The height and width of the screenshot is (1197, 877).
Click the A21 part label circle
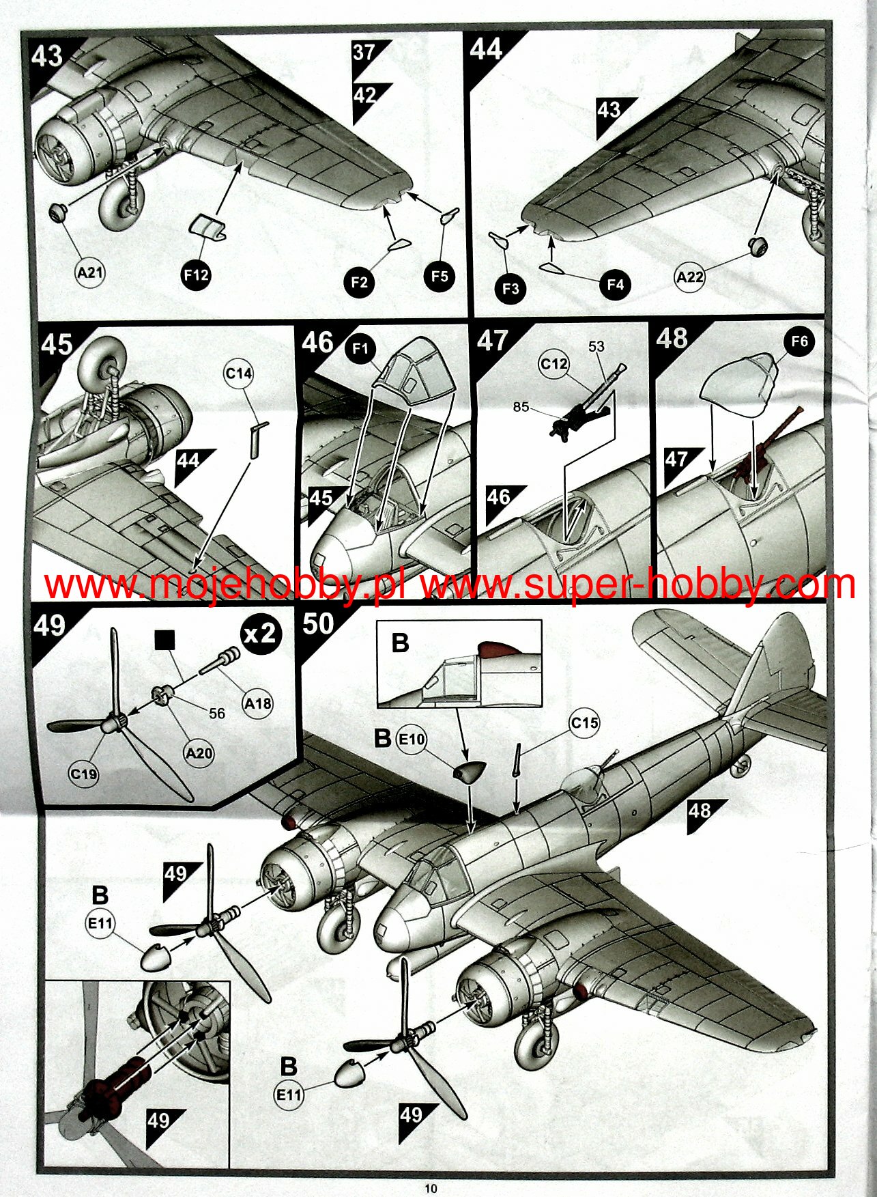pos(89,273)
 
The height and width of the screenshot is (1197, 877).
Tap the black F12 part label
pos(196,274)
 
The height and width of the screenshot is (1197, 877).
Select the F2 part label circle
pos(360,281)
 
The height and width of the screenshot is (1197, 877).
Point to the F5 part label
pos(440,276)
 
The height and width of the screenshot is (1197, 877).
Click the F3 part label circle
pos(511,288)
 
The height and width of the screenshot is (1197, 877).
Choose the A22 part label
pos(690,277)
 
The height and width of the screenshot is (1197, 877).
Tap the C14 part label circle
pos(239,374)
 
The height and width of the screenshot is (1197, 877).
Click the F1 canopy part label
pos(360,349)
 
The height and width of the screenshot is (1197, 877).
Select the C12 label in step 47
pos(553,364)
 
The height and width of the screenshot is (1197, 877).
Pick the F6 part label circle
pos(799,341)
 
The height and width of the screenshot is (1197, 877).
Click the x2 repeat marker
pos(261,634)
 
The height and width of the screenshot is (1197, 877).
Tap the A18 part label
pos(258,703)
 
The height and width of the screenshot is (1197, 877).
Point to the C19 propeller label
pos(83,774)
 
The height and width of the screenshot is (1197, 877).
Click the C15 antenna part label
pos(585,723)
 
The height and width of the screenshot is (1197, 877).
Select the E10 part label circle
pos(412,739)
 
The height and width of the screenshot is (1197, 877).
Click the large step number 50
pos(318,624)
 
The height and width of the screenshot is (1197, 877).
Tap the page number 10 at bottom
pos(431,1189)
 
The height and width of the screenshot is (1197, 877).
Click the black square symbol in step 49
pos(165,640)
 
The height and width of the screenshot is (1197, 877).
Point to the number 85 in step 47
pos(521,407)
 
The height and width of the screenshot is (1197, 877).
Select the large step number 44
pos(486,49)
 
